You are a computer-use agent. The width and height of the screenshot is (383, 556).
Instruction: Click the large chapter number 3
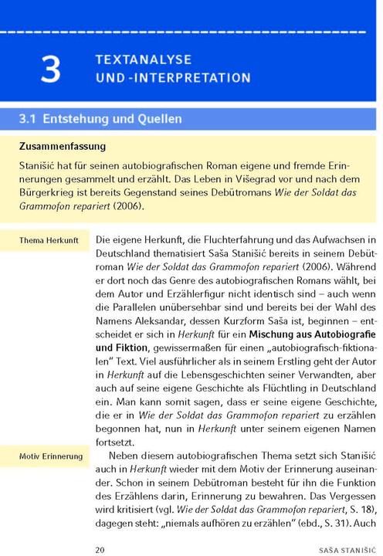click(51, 69)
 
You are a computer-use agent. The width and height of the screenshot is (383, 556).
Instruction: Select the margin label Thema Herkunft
click(49, 241)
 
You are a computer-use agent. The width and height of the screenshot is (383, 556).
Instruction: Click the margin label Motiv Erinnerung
click(51, 456)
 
